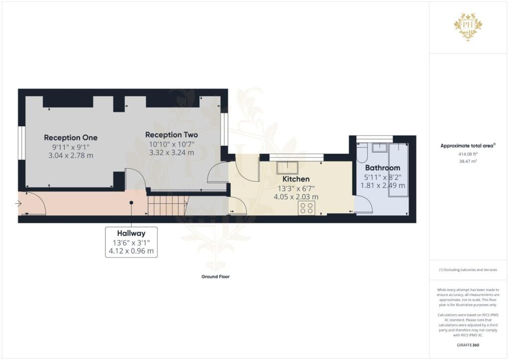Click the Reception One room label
[x=71, y=138]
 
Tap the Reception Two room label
[x=171, y=135]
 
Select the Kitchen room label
[x=296, y=179]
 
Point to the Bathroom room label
[x=382, y=168]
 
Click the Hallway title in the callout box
[x=131, y=233]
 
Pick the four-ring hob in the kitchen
[x=307, y=208]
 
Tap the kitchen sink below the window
[x=287, y=168]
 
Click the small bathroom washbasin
[x=379, y=147]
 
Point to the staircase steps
[x=167, y=204]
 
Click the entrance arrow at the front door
[x=18, y=204]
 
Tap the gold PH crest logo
[x=468, y=27]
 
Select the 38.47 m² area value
[x=468, y=161]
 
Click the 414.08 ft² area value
[x=468, y=154]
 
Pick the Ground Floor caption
[x=216, y=276]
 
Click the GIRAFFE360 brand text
[x=468, y=345]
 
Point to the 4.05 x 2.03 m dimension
[x=296, y=197]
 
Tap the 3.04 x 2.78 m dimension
[x=71, y=156]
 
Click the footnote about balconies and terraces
[x=468, y=270]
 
